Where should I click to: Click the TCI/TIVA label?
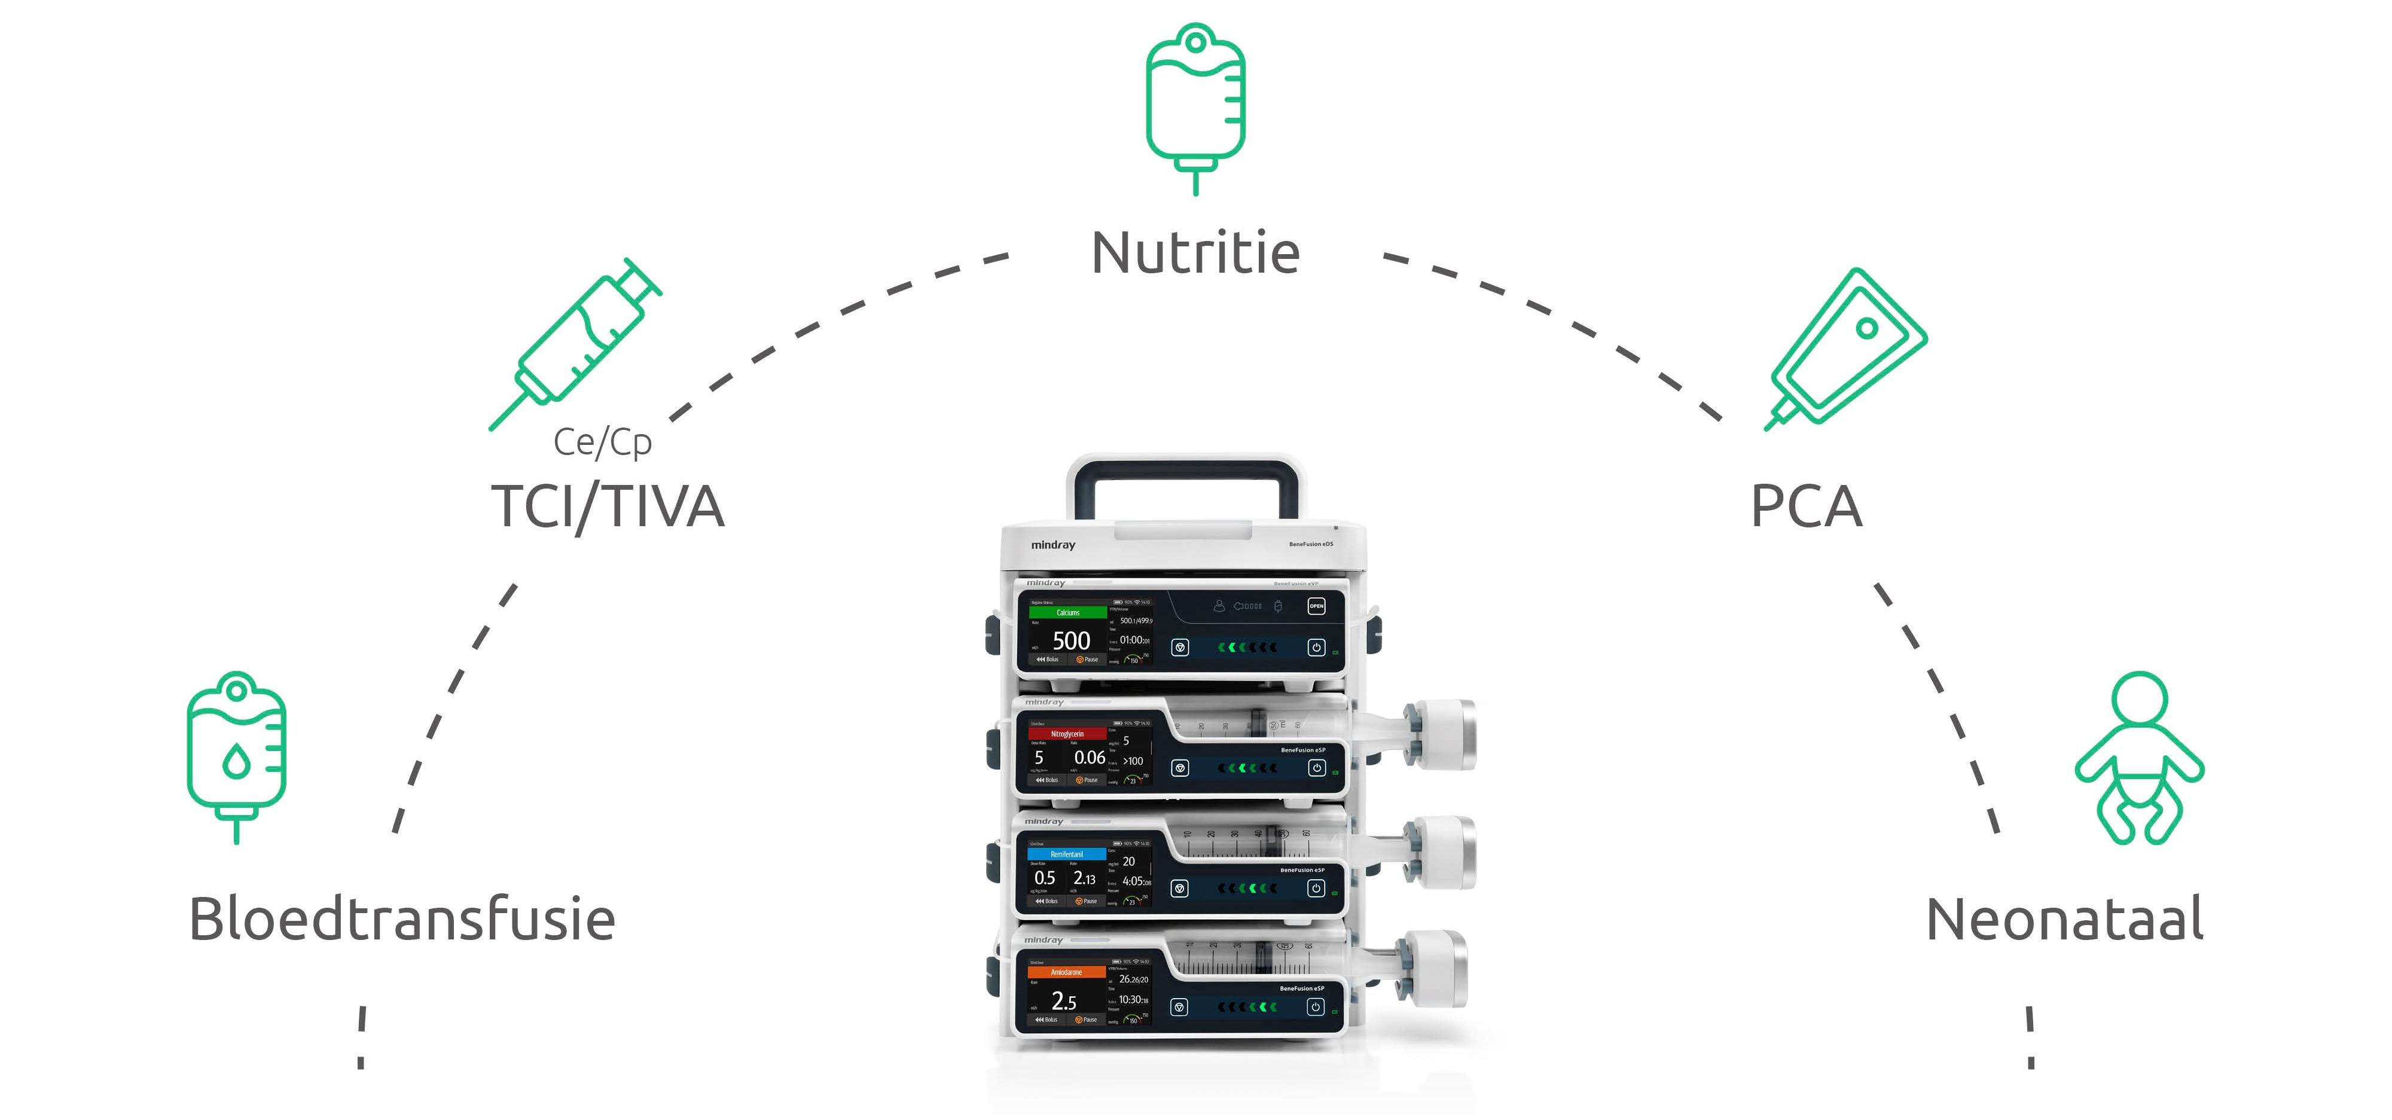(608, 506)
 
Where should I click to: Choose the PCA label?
(1806, 506)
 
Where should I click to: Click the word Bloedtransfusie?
(402, 920)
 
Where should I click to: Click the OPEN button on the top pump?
(1316, 606)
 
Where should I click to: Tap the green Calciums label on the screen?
(1068, 612)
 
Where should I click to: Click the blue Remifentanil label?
(1066, 853)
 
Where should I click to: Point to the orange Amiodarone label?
(1066, 972)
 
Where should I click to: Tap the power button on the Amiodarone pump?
(1315, 1007)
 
